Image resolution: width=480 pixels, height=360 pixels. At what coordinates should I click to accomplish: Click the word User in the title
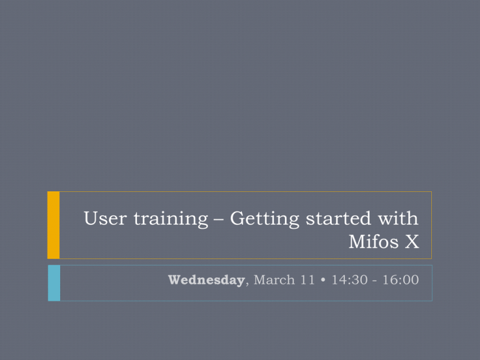pyautogui.click(x=105, y=219)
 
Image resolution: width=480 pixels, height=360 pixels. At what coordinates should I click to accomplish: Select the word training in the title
pyautogui.click(x=171, y=219)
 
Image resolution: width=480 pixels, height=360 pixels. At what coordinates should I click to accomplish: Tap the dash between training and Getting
pyautogui.click(x=219, y=220)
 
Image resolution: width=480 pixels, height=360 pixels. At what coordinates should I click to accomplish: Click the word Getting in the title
pyautogui.click(x=264, y=219)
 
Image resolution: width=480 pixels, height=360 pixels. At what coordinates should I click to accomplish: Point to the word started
pyautogui.click(x=338, y=219)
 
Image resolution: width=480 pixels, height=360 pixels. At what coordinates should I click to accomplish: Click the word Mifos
pyautogui.click(x=374, y=241)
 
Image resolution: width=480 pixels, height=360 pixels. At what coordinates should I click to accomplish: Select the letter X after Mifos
pyautogui.click(x=412, y=242)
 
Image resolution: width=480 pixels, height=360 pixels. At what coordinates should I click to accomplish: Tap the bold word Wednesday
pyautogui.click(x=206, y=280)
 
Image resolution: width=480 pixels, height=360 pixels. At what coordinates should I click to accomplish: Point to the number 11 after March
pyautogui.click(x=307, y=280)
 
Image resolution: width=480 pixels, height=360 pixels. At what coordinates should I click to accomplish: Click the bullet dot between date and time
pyautogui.click(x=322, y=280)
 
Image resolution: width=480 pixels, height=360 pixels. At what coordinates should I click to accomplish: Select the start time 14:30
pyautogui.click(x=349, y=280)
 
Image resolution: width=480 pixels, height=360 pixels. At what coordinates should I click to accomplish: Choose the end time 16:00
pyautogui.click(x=401, y=280)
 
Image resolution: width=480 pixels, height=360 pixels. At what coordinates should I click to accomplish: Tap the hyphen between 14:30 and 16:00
pyautogui.click(x=375, y=281)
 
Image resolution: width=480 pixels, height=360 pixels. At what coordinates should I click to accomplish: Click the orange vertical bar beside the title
pyautogui.click(x=53, y=225)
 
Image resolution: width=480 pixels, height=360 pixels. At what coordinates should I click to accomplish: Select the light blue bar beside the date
pyautogui.click(x=54, y=283)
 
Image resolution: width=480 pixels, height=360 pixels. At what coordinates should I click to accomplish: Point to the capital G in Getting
pyautogui.click(x=239, y=219)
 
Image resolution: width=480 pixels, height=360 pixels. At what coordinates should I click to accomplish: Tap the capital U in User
pyautogui.click(x=91, y=219)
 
